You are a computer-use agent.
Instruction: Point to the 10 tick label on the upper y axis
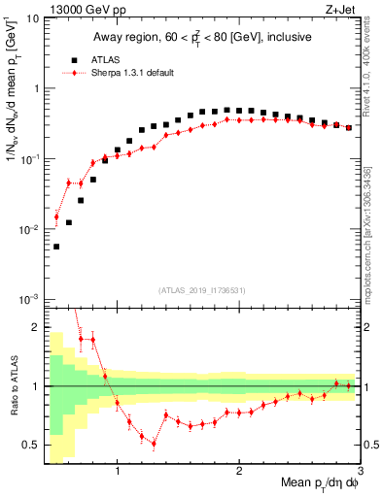tap(32, 18)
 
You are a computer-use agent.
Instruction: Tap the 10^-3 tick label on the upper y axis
tap(29, 299)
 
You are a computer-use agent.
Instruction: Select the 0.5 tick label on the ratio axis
tap(31, 446)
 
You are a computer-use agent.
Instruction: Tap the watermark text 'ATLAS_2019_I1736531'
tap(202, 290)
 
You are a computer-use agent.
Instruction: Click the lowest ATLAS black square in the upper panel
tap(56, 247)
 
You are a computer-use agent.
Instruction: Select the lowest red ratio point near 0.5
tap(154, 444)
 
